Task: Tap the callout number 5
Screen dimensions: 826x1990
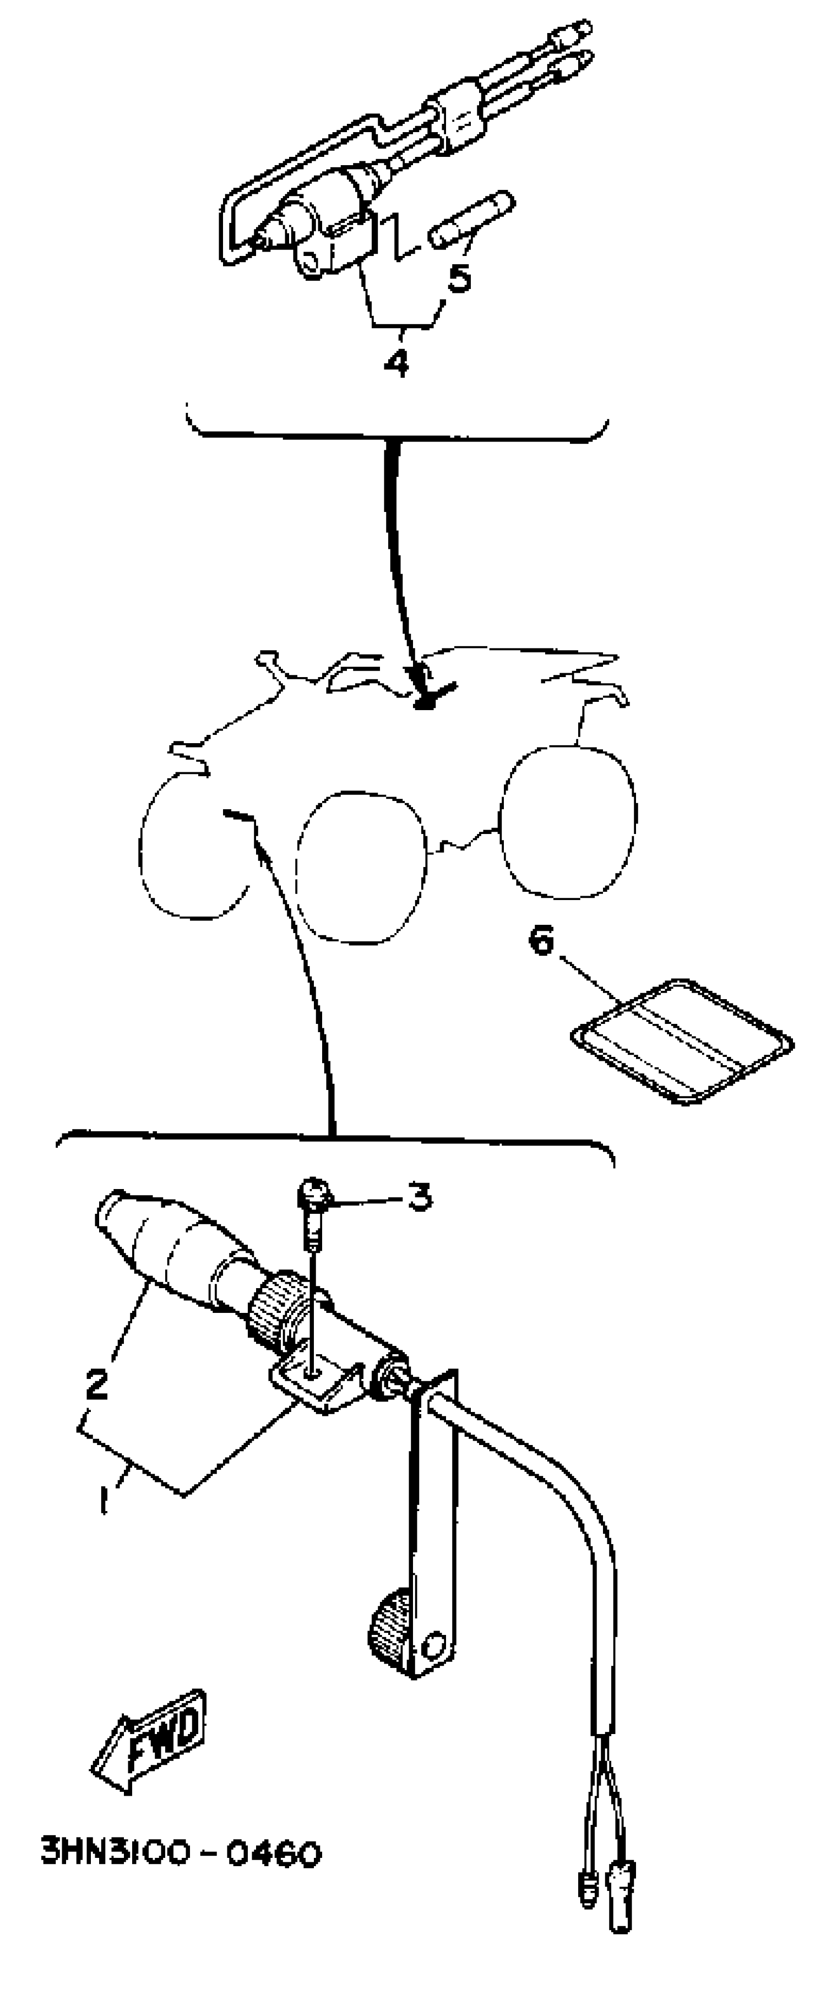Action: (460, 277)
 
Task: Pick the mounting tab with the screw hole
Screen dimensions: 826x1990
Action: (317, 1380)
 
